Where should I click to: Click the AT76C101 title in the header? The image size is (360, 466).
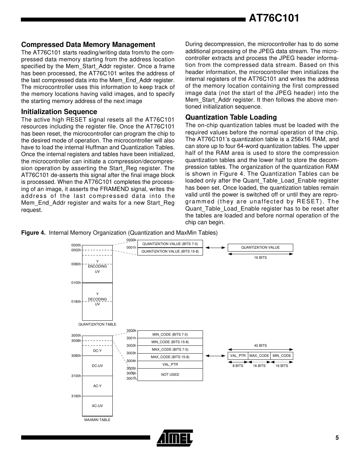tap(274, 18)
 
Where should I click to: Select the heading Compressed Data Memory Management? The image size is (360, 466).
tap(88, 45)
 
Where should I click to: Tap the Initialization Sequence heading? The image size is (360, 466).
tap(59, 112)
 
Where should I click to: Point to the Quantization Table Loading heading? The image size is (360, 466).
tap(231, 117)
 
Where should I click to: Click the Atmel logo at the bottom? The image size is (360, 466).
tap(175, 438)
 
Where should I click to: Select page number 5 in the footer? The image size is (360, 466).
tap(337, 438)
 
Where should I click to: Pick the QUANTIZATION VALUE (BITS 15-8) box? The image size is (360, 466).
tap(170, 251)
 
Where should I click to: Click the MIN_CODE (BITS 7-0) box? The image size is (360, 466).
tap(170, 334)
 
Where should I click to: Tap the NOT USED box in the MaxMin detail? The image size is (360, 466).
tap(170, 374)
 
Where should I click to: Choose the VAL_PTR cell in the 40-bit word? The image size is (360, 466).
tap(238, 356)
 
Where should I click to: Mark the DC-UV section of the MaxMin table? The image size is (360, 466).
tap(97, 366)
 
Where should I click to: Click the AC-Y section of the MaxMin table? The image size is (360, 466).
tap(97, 386)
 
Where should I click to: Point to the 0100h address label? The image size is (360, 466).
tap(76, 283)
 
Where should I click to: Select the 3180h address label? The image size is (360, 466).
tap(76, 396)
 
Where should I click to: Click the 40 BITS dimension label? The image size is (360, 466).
tap(260, 345)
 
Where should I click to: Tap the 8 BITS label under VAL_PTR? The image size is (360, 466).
tap(238, 366)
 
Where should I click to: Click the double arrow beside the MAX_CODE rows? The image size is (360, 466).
tap(215, 356)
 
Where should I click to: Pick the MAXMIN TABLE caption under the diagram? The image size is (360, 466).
tap(97, 420)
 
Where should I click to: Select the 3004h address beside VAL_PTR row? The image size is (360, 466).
tap(131, 361)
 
